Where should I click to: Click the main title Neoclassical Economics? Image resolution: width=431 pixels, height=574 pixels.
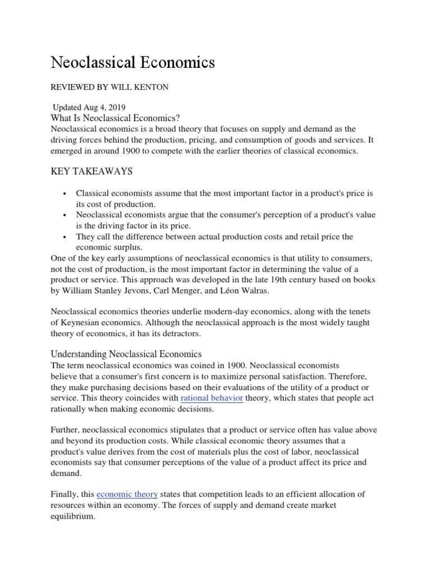(x=133, y=63)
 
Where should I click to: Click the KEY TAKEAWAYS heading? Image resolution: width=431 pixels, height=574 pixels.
(x=92, y=170)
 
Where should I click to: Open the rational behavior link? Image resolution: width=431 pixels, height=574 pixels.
(x=212, y=398)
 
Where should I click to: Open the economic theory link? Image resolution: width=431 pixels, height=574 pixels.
(x=127, y=494)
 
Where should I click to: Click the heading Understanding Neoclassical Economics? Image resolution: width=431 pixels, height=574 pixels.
(x=126, y=354)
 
